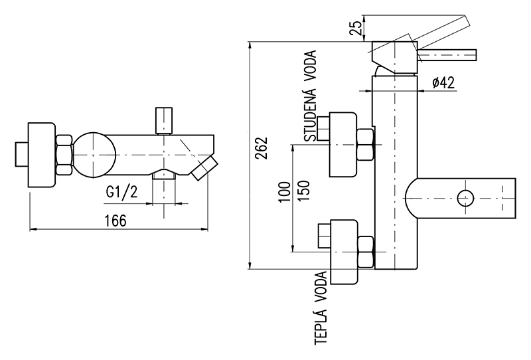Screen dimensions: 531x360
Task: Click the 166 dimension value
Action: coord(115,221)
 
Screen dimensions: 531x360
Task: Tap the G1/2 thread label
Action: coord(122,192)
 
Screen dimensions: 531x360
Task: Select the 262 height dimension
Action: coord(262,148)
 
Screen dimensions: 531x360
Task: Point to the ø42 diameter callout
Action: coord(443,82)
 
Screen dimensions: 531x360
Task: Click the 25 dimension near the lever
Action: coord(356,28)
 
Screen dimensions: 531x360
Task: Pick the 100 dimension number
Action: coord(285,192)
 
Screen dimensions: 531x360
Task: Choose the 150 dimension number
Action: coord(304,191)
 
